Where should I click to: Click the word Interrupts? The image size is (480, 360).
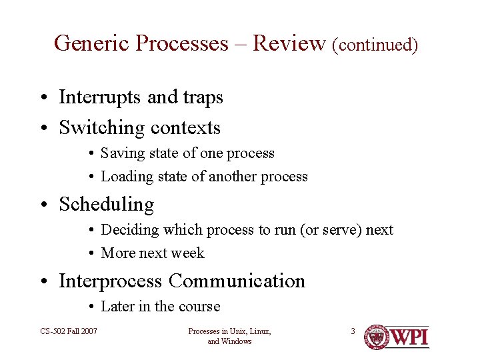click(x=101, y=97)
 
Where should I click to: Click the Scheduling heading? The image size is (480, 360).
click(x=107, y=205)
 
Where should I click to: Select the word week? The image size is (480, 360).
click(x=189, y=253)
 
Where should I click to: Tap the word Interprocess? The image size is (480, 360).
click(x=111, y=281)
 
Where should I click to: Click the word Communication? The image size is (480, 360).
click(x=237, y=281)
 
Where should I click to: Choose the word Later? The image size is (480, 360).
click(x=116, y=307)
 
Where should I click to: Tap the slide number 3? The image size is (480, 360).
click(x=353, y=331)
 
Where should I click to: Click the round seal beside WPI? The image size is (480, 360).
click(x=377, y=337)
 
